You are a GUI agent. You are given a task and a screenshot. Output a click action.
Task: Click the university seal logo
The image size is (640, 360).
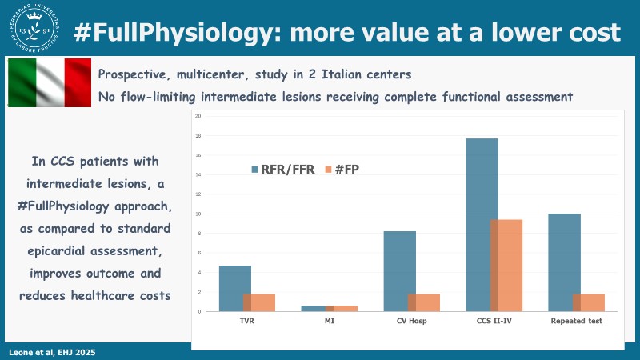tap(30, 30)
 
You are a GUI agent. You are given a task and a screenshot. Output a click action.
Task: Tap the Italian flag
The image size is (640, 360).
tap(49, 82)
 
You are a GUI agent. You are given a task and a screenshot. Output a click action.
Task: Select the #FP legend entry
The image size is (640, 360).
tap(351, 169)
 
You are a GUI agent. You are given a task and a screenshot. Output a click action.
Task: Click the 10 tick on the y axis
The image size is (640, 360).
tap(198, 214)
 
